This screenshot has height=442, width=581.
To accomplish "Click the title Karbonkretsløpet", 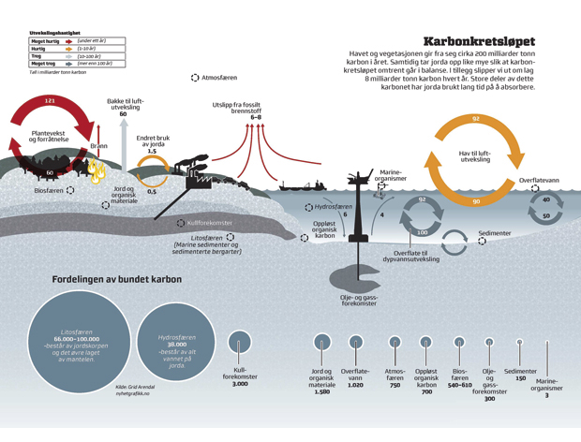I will click(x=479, y=41).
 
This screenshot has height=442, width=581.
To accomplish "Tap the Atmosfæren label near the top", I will click(x=218, y=78).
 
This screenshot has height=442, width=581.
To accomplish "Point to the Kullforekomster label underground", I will click(x=208, y=224).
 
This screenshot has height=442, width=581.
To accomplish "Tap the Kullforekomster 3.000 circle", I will click(x=239, y=342).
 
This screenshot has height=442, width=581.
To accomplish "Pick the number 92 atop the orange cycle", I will click(x=475, y=119).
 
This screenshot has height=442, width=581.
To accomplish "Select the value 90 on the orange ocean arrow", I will click(x=476, y=201).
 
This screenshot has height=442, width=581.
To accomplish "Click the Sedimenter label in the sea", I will click(x=494, y=231).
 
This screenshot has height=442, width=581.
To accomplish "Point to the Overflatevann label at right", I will click(x=539, y=180).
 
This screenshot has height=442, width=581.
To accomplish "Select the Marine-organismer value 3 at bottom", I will click(x=547, y=396).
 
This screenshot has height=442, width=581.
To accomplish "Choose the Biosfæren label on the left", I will click(x=49, y=190).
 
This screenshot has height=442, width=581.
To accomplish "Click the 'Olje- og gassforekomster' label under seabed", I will click(x=359, y=299).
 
